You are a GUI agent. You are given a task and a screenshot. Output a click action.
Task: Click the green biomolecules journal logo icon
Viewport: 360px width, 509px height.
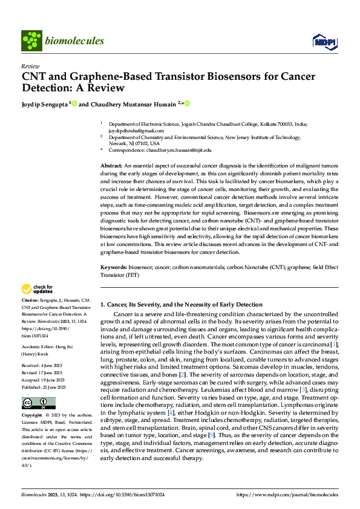click(31, 41)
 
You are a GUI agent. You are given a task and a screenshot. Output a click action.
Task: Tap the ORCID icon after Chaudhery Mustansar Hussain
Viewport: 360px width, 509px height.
click(187, 104)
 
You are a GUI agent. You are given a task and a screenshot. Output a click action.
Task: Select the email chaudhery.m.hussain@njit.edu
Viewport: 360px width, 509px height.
click(176, 149)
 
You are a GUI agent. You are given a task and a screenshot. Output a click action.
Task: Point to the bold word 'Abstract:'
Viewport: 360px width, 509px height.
click(111, 165)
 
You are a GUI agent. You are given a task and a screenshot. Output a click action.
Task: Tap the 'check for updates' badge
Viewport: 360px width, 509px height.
click(38, 289)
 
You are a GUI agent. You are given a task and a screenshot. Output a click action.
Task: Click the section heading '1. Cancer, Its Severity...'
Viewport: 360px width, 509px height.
click(182, 305)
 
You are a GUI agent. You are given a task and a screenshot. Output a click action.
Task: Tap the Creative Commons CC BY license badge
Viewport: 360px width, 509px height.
click(38, 403)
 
